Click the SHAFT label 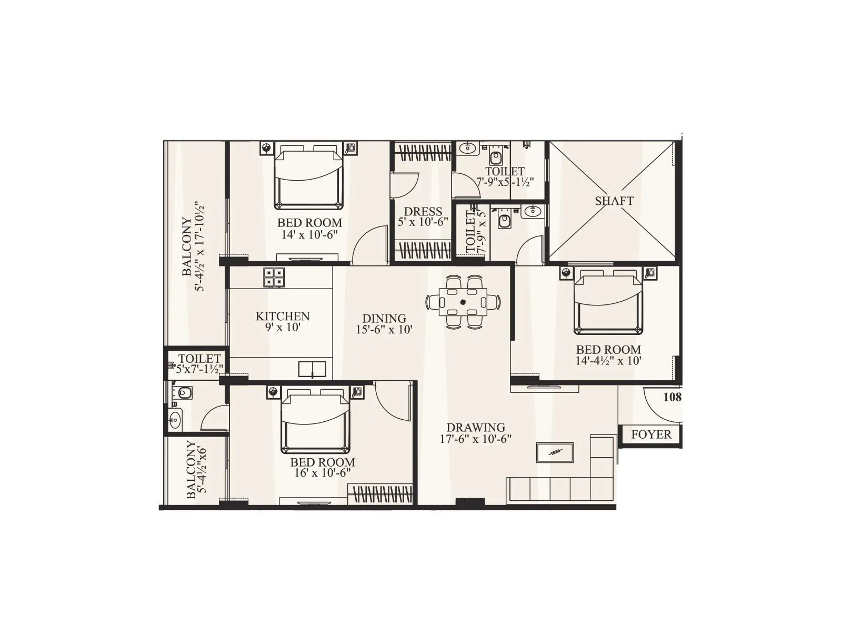(614, 201)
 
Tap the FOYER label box (651, 434)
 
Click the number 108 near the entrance (672, 397)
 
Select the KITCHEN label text (283, 316)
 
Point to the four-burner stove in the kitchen (274, 278)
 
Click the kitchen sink (312, 369)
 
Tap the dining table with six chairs (463, 302)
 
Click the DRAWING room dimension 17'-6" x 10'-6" (476, 439)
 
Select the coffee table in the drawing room (555, 452)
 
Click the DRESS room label (423, 212)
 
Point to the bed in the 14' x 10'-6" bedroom (308, 178)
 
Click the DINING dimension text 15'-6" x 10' (384, 330)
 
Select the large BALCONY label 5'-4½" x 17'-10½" (193, 246)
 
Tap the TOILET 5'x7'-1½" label (199, 364)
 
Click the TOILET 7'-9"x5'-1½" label (505, 176)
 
